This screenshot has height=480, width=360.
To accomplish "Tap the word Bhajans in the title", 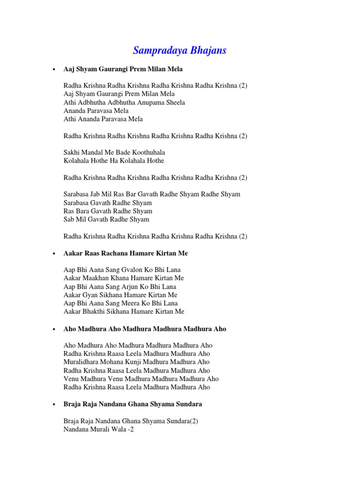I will coord(207,51).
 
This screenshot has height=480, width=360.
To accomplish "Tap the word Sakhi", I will coord(72,153).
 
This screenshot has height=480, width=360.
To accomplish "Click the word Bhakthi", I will coord(97,312).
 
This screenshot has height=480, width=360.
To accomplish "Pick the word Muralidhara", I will coord(82,362).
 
